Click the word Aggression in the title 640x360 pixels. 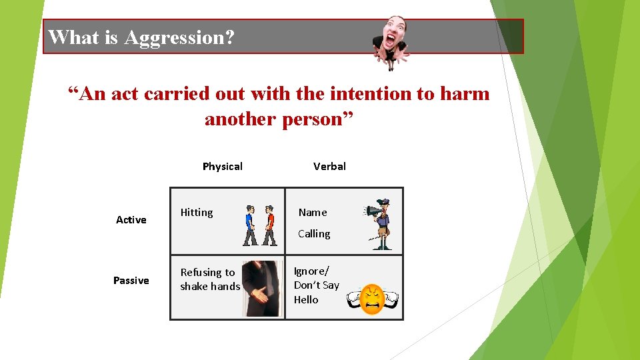[179, 37]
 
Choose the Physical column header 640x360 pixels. [222, 167]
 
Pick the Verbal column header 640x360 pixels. [329, 167]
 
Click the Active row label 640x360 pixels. [131, 220]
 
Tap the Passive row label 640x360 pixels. [131, 281]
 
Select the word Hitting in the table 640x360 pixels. [197, 213]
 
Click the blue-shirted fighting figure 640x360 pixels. [250, 225]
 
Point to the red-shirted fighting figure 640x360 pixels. [269, 225]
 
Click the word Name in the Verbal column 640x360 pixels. [313, 213]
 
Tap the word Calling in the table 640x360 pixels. [314, 234]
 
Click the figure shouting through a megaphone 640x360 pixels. [381, 223]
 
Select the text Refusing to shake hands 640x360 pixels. [209, 279]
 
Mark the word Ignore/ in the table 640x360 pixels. [311, 271]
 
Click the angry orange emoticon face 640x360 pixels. [372, 299]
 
